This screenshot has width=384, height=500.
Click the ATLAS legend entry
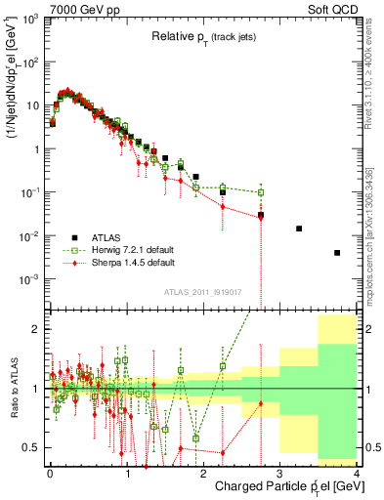click(x=107, y=236)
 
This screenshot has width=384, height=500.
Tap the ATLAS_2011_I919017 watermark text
click(x=203, y=291)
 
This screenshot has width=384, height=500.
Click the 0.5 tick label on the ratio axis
click(x=35, y=447)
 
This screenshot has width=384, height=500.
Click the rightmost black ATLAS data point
click(x=337, y=253)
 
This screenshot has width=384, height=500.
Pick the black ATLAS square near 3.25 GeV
click(x=299, y=229)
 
